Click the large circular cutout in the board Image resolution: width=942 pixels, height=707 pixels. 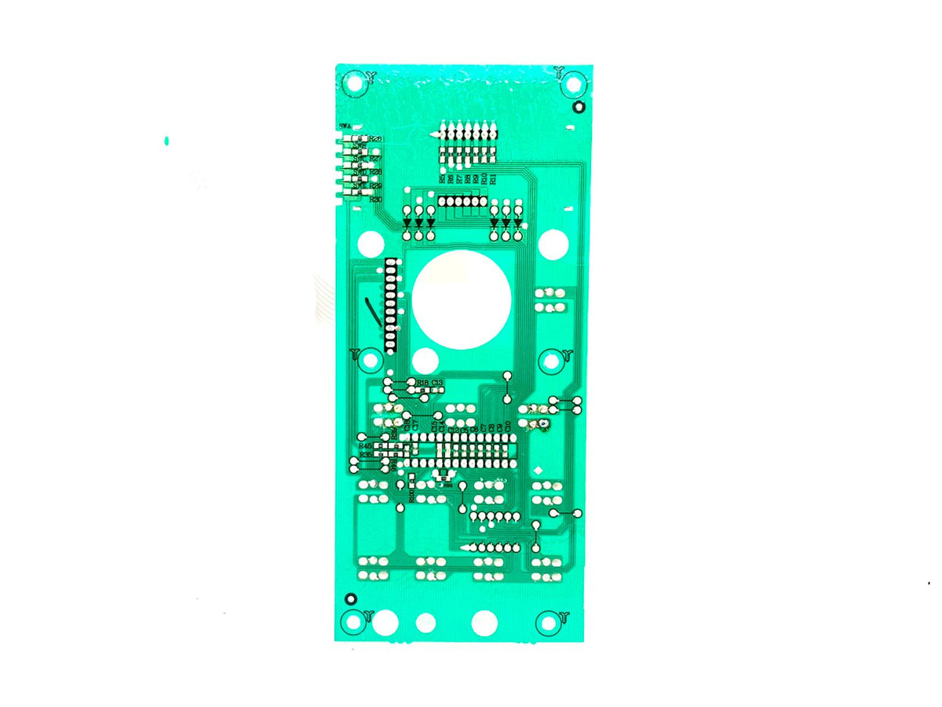(x=462, y=299)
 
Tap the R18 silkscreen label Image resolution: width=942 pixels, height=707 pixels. (x=422, y=383)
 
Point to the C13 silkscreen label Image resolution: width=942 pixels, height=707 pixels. (x=437, y=383)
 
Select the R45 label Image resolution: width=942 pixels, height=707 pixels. (x=366, y=446)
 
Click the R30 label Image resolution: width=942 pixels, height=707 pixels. (x=375, y=200)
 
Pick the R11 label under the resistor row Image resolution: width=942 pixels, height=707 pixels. (x=493, y=178)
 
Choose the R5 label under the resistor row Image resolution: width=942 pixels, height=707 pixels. (x=443, y=178)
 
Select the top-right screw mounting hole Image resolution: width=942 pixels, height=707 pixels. (x=573, y=83)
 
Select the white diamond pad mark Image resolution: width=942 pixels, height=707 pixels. (x=538, y=470)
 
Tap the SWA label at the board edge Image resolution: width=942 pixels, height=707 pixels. (x=345, y=126)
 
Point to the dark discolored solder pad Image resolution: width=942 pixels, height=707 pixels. (x=542, y=426)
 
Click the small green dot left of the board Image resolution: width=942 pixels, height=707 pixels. (x=166, y=141)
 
